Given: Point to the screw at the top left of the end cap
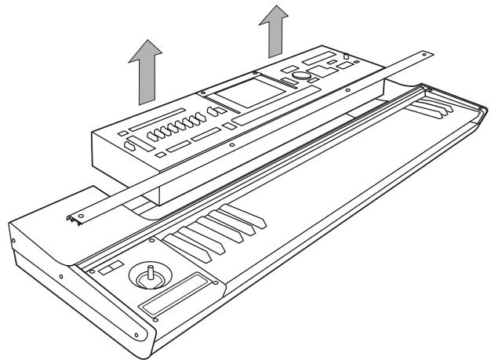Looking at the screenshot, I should tap(13, 235).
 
